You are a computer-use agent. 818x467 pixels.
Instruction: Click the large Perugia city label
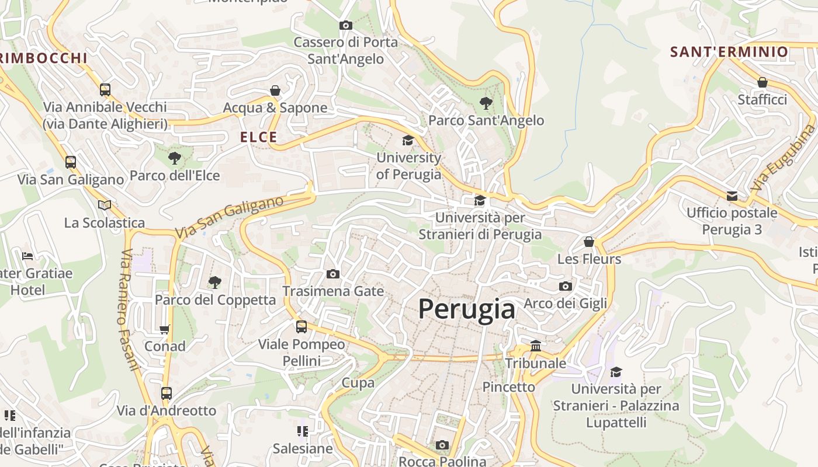click(x=467, y=309)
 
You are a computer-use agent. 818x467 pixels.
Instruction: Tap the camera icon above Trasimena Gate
click(x=332, y=274)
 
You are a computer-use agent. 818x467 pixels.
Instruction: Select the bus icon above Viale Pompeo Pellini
click(x=301, y=327)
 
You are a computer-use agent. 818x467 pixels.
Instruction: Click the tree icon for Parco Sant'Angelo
click(x=486, y=104)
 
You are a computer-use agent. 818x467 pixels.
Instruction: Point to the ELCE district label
click(x=259, y=137)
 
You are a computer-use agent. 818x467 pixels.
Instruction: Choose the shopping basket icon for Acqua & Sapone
click(x=275, y=90)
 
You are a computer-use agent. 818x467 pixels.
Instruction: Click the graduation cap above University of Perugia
click(x=408, y=141)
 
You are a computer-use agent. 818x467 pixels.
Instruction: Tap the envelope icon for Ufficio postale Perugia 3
click(x=732, y=196)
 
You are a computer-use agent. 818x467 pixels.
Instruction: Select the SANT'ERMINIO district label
click(x=729, y=52)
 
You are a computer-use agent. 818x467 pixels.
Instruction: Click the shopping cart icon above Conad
click(x=165, y=329)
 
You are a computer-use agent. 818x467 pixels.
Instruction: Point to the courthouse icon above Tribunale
click(x=536, y=346)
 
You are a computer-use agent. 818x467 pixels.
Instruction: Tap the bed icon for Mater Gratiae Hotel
click(x=27, y=256)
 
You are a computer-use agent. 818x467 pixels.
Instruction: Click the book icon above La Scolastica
click(x=105, y=205)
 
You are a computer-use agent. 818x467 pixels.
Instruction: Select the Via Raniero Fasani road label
click(x=130, y=310)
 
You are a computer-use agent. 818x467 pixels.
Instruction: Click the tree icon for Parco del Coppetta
click(x=215, y=283)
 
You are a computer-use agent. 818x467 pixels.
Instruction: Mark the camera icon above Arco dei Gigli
click(x=565, y=286)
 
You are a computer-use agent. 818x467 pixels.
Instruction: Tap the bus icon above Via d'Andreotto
click(x=167, y=393)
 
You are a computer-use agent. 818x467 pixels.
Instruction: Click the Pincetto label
click(x=508, y=387)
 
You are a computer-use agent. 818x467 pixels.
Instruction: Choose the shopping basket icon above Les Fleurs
click(x=589, y=242)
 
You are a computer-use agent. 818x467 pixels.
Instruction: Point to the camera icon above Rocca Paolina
click(x=442, y=445)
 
